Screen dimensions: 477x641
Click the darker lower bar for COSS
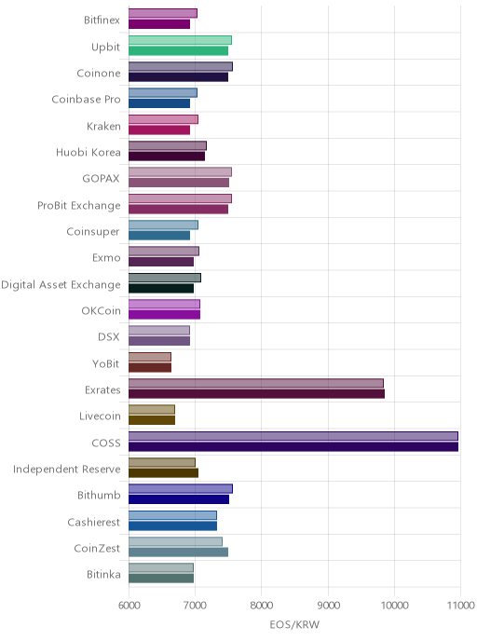pyautogui.click(x=293, y=446)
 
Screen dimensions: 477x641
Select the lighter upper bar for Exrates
pyautogui.click(x=256, y=383)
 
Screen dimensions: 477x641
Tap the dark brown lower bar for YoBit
pyautogui.click(x=150, y=367)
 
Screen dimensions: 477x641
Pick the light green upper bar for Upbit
pyautogui.click(x=180, y=40)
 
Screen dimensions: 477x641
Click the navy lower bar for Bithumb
pyautogui.click(x=179, y=499)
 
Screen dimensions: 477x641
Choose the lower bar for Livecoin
pyautogui.click(x=152, y=420)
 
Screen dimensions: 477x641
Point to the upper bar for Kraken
pyautogui.click(x=163, y=119)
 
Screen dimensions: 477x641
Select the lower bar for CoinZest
pyautogui.click(x=178, y=552)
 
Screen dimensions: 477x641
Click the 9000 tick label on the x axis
pyautogui.click(x=328, y=605)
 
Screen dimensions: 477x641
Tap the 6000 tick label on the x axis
pyautogui.click(x=129, y=605)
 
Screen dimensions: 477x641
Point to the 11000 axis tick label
pyautogui.click(x=460, y=605)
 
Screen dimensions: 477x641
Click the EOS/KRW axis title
pyautogui.click(x=294, y=624)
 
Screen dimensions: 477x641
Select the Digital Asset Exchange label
pyautogui.click(x=61, y=284)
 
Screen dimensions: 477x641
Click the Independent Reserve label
pyautogui.click(x=67, y=469)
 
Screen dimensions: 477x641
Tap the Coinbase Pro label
pyautogui.click(x=86, y=100)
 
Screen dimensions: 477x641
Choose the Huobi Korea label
pyautogui.click(x=89, y=152)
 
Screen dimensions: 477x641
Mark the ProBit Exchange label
pyautogui.click(x=79, y=205)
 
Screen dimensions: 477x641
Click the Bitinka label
pyautogui.click(x=103, y=574)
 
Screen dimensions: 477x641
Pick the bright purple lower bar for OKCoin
pyautogui.click(x=164, y=314)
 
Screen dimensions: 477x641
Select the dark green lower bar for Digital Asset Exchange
pyautogui.click(x=161, y=288)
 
